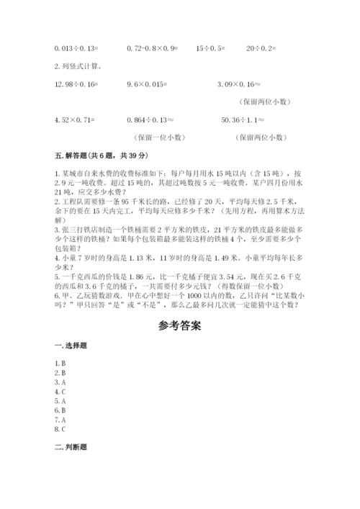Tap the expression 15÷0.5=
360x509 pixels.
click(x=210, y=49)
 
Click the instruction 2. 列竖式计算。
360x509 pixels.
click(x=78, y=67)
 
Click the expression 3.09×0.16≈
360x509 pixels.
click(x=241, y=85)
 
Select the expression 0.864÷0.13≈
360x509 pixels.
click(x=150, y=120)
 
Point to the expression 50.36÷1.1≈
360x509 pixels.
click(x=246, y=120)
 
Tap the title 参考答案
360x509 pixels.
click(x=179, y=325)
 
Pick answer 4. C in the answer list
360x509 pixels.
click(x=60, y=392)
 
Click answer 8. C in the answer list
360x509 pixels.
click(x=60, y=429)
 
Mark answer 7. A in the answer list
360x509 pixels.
click(x=60, y=420)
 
